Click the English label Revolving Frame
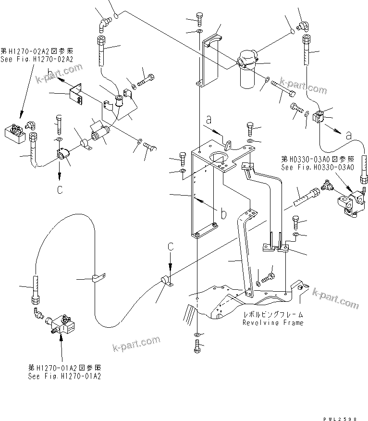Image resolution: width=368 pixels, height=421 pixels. pos(273,323)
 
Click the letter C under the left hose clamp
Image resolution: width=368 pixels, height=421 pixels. pos(60,190)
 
